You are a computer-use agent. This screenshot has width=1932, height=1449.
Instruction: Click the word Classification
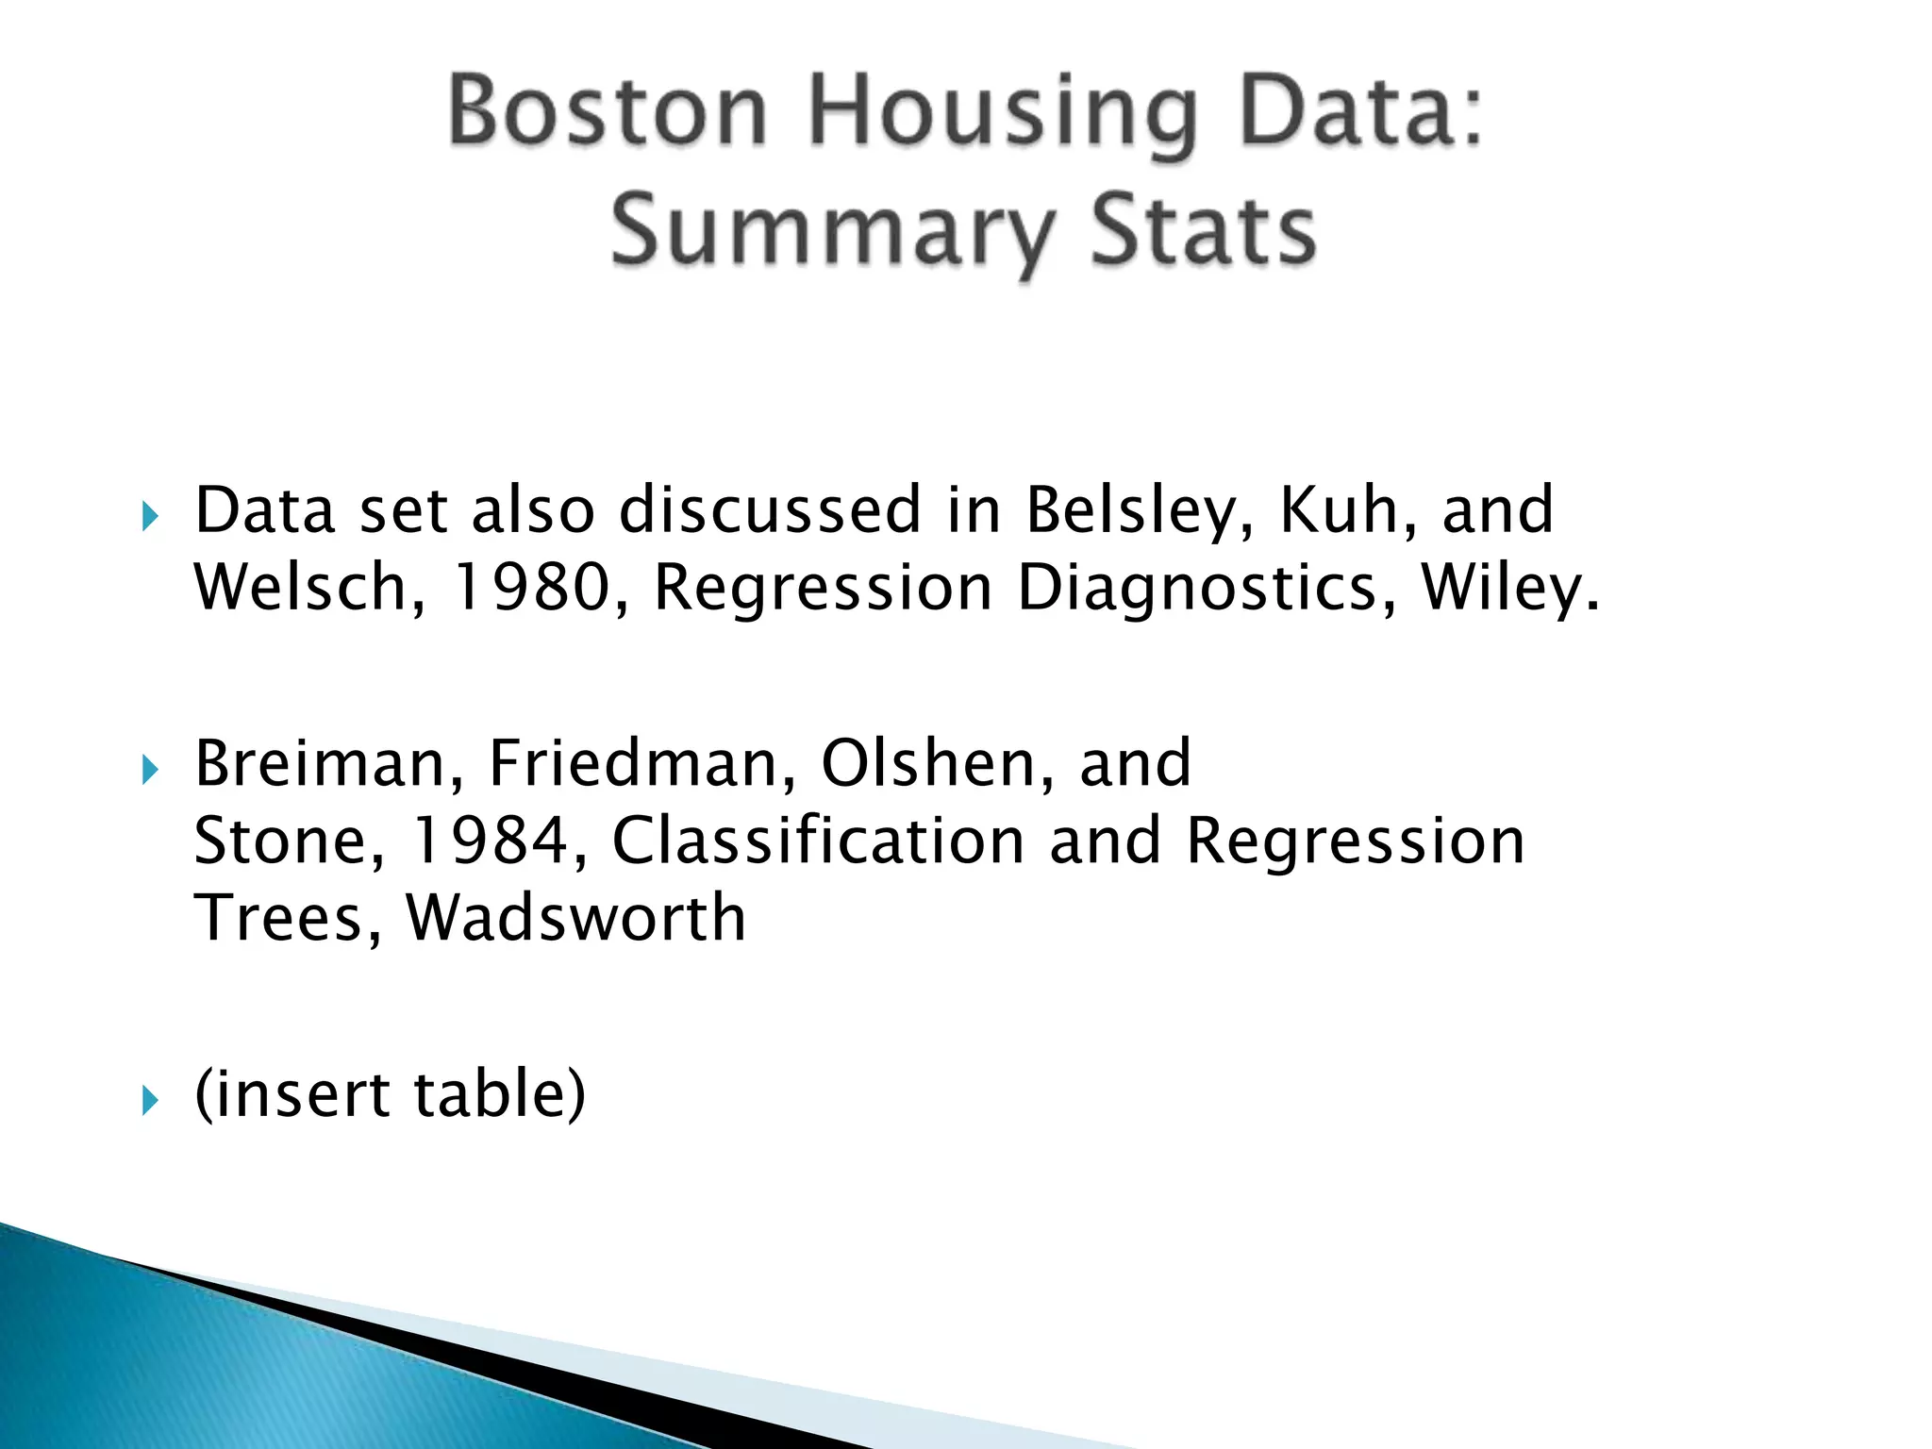point(818,840)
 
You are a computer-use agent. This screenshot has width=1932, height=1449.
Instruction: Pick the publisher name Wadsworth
point(575,918)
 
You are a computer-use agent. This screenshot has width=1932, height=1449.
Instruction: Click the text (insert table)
point(390,1094)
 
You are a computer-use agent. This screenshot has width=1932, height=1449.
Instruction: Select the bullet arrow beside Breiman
point(150,770)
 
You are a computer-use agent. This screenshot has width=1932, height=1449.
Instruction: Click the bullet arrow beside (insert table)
point(150,1100)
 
